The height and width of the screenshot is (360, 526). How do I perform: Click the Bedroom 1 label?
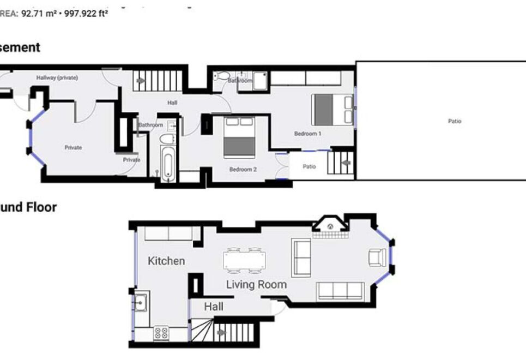[308, 134]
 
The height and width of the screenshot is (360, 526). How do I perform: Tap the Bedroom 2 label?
[243, 170]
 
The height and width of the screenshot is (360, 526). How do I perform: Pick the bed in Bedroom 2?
[239, 139]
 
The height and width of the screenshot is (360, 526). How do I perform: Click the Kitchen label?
[166, 261]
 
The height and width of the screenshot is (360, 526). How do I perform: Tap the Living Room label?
[256, 284]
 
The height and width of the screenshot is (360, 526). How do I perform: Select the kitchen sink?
[140, 302]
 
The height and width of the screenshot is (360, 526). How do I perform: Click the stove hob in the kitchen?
[161, 332]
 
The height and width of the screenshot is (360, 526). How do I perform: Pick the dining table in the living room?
[244, 260]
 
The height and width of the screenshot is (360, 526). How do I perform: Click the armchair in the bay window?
[377, 257]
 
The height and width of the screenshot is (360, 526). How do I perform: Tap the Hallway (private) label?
[57, 78]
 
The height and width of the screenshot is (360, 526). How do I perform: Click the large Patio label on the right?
[455, 121]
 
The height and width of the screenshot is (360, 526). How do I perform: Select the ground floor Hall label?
[214, 307]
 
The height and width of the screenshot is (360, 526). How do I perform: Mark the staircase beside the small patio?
[341, 163]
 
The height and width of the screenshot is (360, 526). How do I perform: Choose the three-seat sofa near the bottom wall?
[341, 291]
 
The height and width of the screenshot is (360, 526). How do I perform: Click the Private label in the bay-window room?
[73, 148]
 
